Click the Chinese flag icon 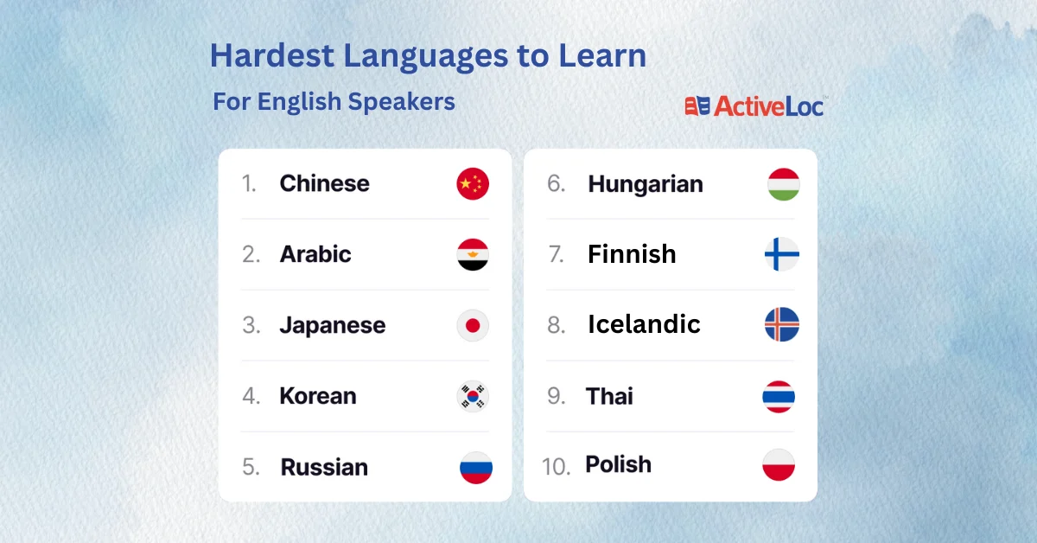(473, 184)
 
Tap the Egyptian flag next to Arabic (473, 254)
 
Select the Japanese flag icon (473, 325)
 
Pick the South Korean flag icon (473, 396)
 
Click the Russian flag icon (476, 468)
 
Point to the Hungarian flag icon (783, 184)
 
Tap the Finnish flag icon (782, 254)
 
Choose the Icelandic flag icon (782, 324)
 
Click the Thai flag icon (779, 397)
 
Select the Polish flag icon (779, 464)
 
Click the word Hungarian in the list (646, 185)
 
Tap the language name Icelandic (644, 324)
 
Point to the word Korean (318, 396)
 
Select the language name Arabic (315, 254)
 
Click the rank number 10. (556, 466)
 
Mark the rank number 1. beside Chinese (249, 183)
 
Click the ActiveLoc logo (754, 106)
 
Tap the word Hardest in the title (272, 55)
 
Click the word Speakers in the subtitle (401, 101)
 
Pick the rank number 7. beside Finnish (556, 254)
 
